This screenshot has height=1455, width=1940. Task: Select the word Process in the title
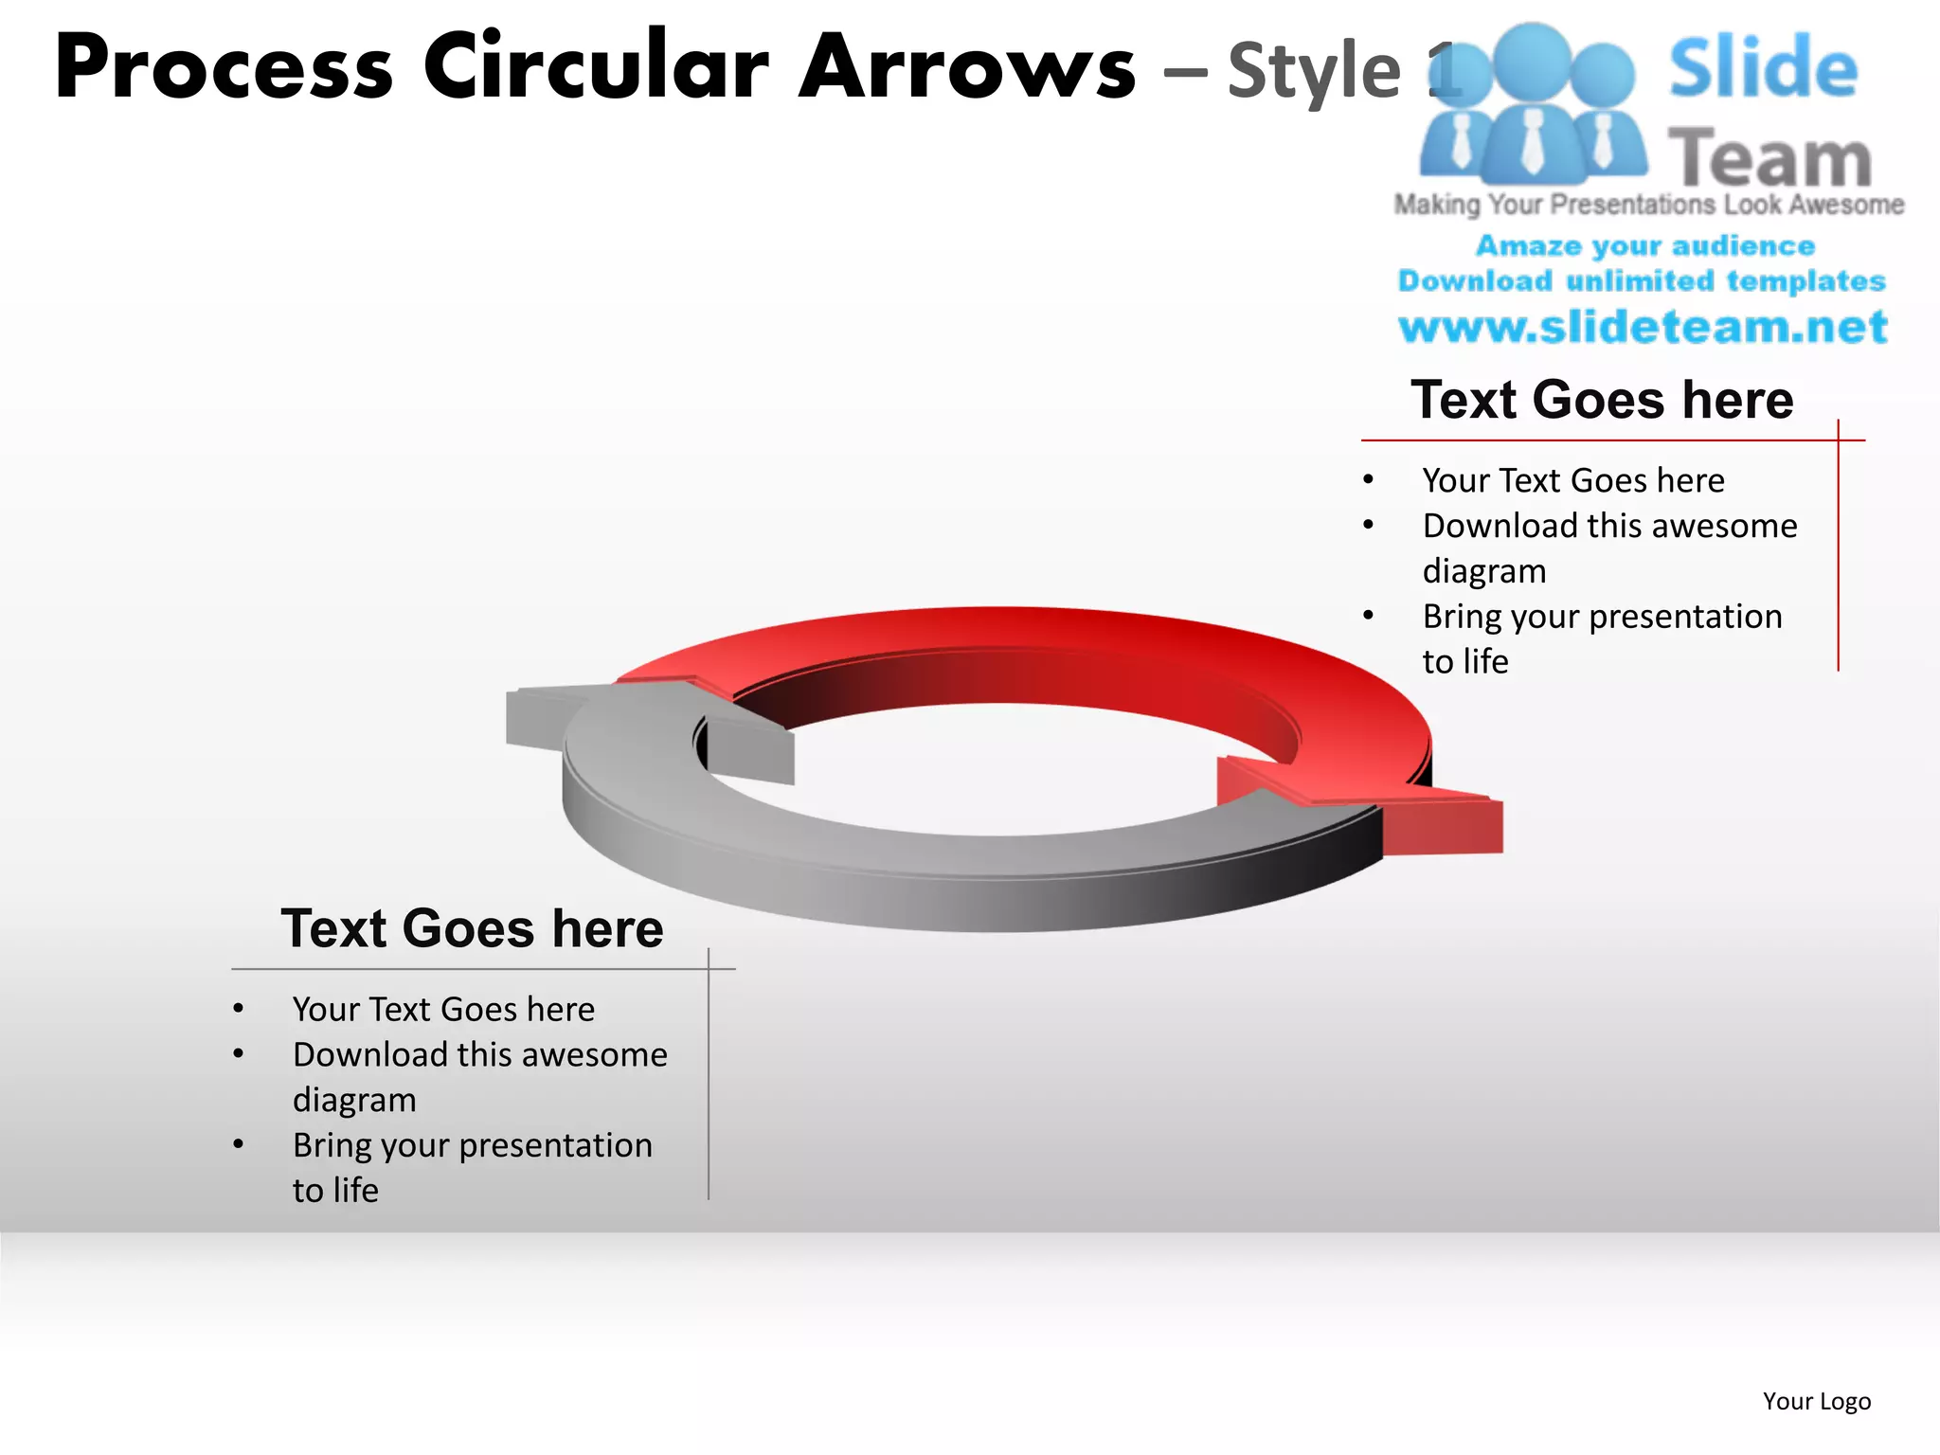(224, 68)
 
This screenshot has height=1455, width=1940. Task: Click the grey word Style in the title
(1314, 72)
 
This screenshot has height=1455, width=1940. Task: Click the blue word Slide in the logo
(1763, 68)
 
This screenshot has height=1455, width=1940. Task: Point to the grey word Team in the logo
(1769, 159)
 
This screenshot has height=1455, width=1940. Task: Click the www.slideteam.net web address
(1643, 328)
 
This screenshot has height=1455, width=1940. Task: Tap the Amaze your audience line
(1645, 246)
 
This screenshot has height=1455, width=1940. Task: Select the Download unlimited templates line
(1642, 281)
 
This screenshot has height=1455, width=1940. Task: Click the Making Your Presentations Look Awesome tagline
(1648, 205)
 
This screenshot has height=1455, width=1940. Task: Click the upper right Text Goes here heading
(1602, 400)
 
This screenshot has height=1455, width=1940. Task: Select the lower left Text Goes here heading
(472, 928)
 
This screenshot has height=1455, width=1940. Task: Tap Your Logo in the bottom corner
(1816, 1401)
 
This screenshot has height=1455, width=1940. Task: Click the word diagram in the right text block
(1483, 572)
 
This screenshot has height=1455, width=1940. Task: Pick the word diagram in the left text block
(354, 1101)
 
